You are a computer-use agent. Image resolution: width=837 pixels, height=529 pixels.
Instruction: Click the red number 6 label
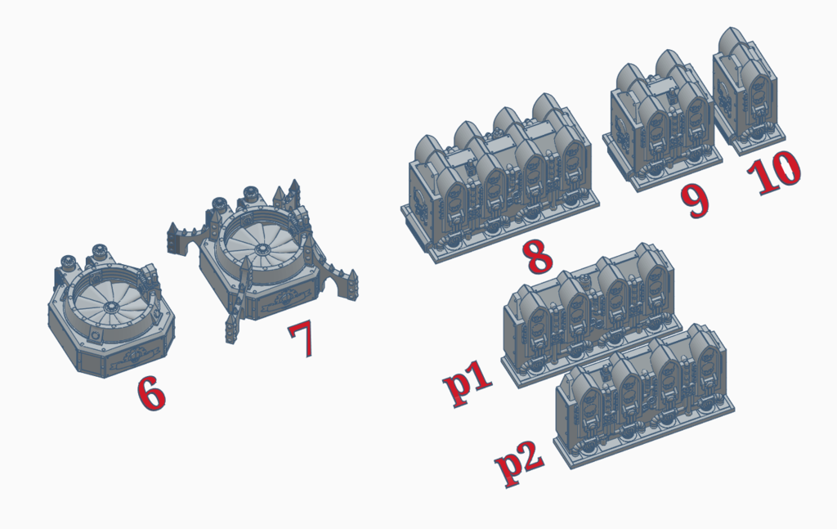(x=151, y=392)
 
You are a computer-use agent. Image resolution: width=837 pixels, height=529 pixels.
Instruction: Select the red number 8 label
(x=538, y=256)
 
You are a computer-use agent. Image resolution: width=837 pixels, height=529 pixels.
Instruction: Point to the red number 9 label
(x=696, y=199)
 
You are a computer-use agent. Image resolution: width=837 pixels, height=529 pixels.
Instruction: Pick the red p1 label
(x=468, y=382)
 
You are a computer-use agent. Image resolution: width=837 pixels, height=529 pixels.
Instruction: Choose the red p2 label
(x=519, y=462)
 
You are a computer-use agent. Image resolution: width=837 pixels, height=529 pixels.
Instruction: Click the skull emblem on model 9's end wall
(x=622, y=131)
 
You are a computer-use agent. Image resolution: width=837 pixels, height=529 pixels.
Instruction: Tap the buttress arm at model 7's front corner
(x=238, y=300)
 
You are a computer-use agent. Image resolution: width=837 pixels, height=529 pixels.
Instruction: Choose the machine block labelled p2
(x=644, y=396)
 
